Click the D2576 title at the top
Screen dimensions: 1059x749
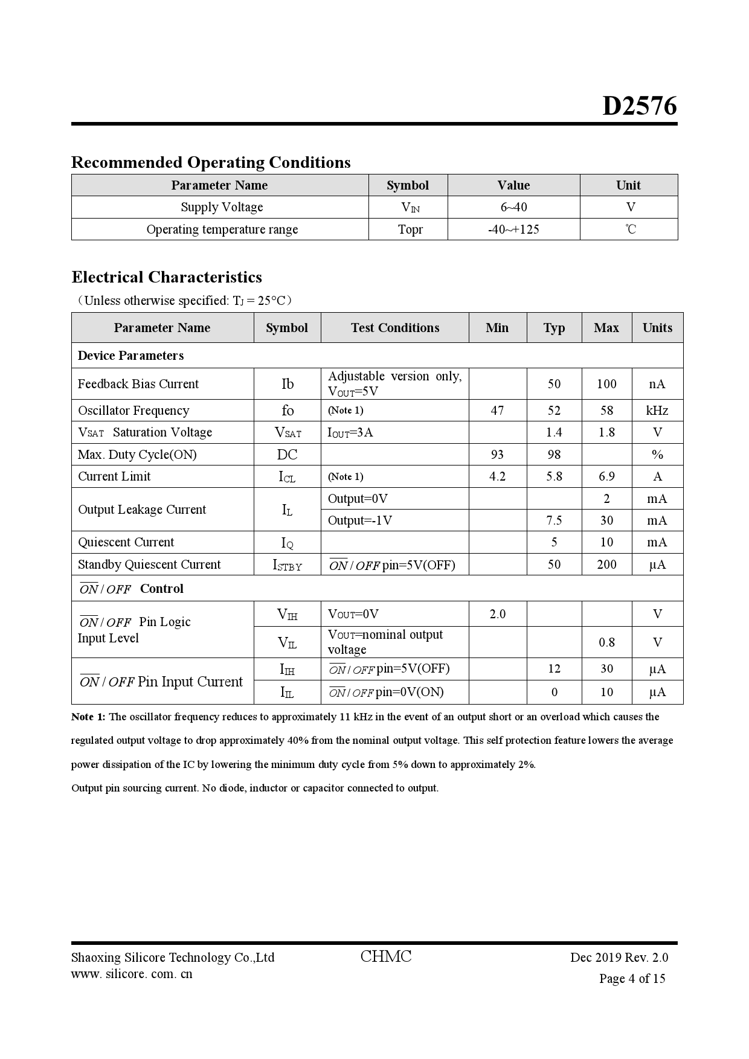[639, 106]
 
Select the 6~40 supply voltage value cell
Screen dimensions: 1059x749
[513, 207]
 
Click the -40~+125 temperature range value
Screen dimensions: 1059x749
[513, 229]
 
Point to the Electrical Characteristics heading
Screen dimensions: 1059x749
[167, 277]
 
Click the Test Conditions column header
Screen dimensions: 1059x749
[394, 328]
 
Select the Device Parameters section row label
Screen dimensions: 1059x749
[130, 356]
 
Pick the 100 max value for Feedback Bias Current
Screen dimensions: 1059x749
[606, 384]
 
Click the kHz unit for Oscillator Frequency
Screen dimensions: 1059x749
[657, 411]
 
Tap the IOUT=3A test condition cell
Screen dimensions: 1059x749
[350, 432]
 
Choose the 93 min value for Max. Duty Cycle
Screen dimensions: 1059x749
[497, 455]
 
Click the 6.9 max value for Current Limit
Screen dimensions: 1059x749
[606, 476]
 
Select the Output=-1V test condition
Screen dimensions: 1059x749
[359, 520]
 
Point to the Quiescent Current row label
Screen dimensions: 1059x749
[126, 542]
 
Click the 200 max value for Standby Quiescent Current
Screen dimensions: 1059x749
[606, 565]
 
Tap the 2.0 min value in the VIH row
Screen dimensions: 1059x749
[497, 614]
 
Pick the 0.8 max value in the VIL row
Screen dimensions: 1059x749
[606, 642]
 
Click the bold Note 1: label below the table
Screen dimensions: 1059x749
[88, 717]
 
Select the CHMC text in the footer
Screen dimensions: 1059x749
[385, 956]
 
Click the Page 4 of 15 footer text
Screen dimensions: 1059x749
[632, 979]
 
